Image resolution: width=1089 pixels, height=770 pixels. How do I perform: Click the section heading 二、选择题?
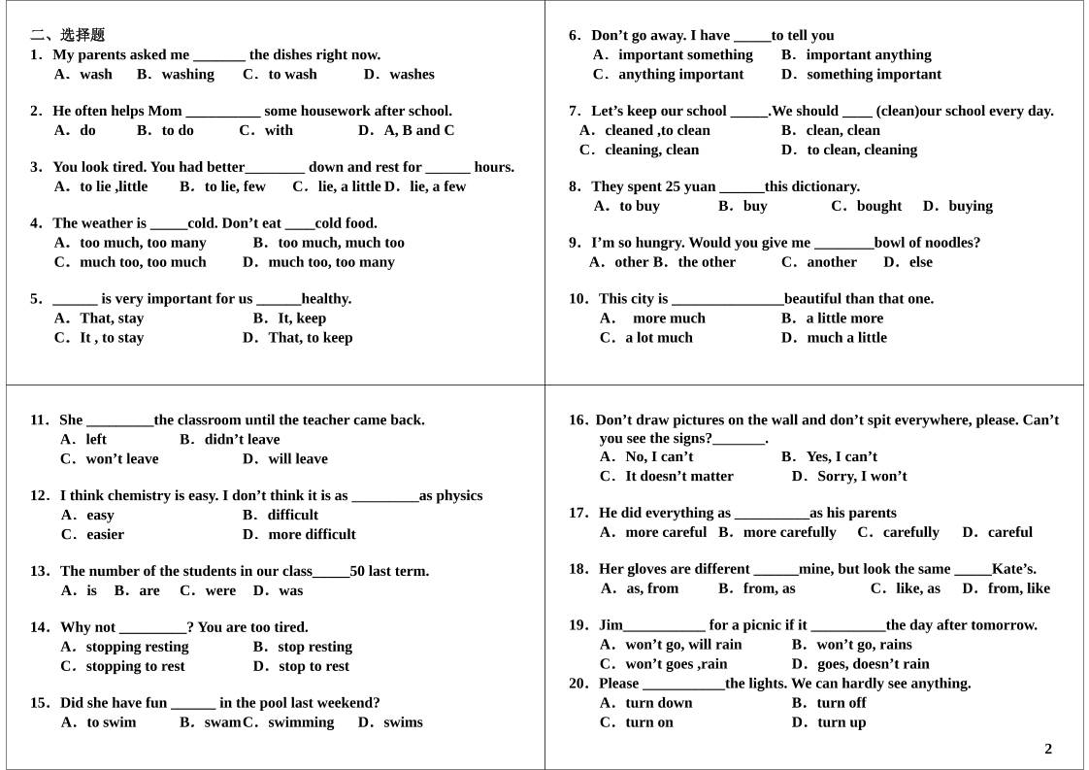[x=68, y=35]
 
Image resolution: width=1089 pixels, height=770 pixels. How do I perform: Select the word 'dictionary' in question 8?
[x=823, y=186]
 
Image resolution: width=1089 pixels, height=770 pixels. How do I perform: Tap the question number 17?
[x=578, y=513]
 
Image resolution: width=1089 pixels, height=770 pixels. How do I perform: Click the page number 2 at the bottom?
[x=1048, y=749]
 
